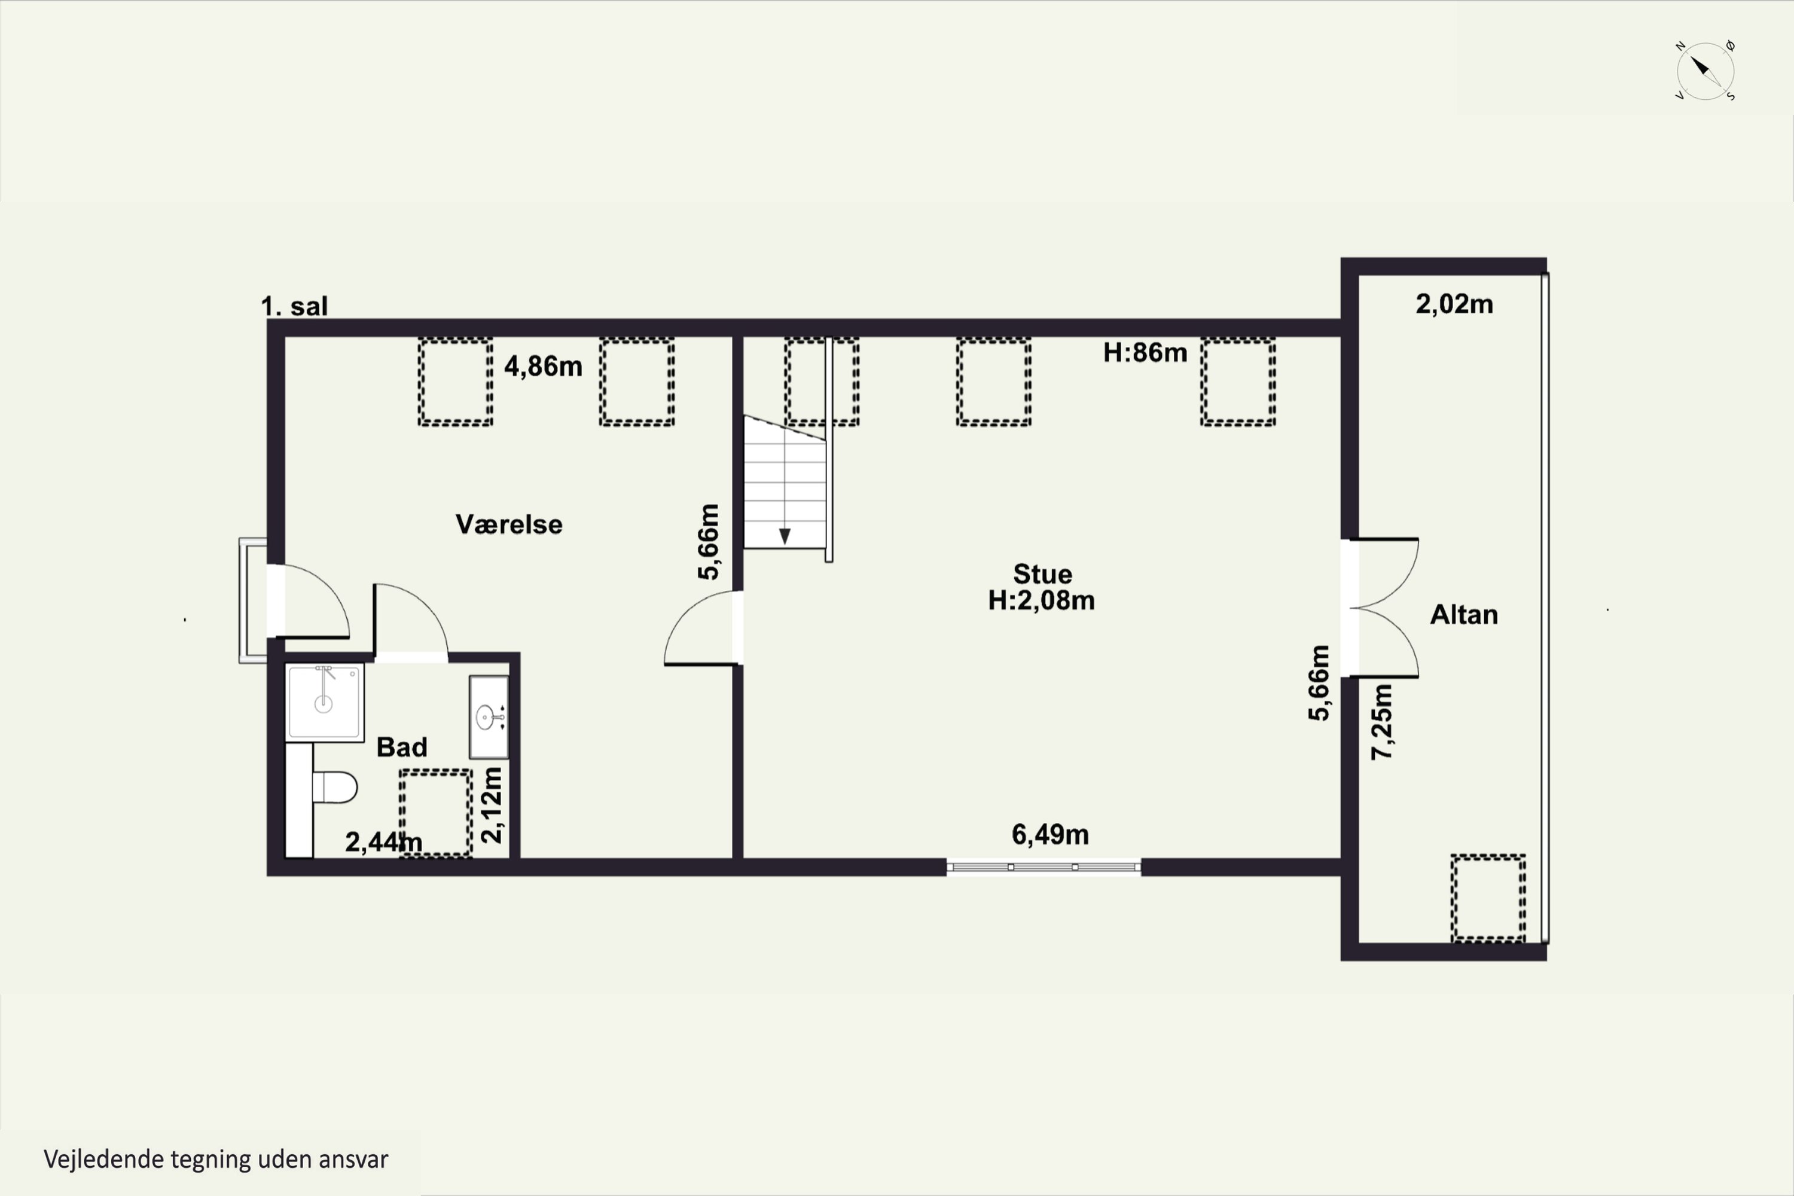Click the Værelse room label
tap(509, 524)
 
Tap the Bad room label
tap(402, 747)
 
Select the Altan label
tap(1464, 615)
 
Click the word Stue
tap(1043, 573)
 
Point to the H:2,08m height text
tap(1041, 600)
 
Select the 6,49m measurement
tap(1050, 834)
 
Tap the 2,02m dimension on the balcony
tap(1454, 304)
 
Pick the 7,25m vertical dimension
tap(1382, 722)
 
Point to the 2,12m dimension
tap(492, 805)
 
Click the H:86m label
tap(1145, 352)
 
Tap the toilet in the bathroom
tap(334, 787)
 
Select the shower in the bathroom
tap(324, 701)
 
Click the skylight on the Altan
tap(1488, 898)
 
